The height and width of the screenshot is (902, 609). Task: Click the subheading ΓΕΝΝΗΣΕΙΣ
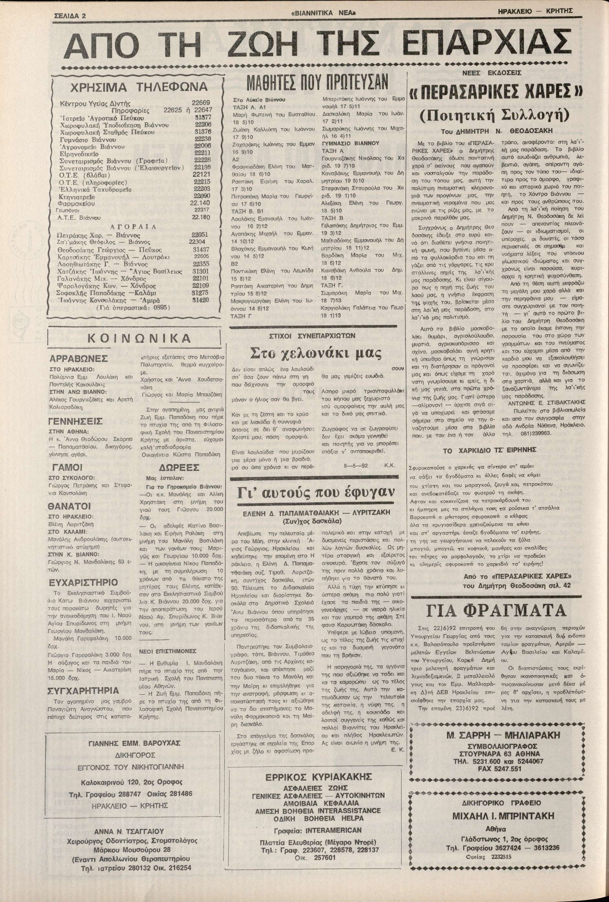[x=78, y=421]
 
